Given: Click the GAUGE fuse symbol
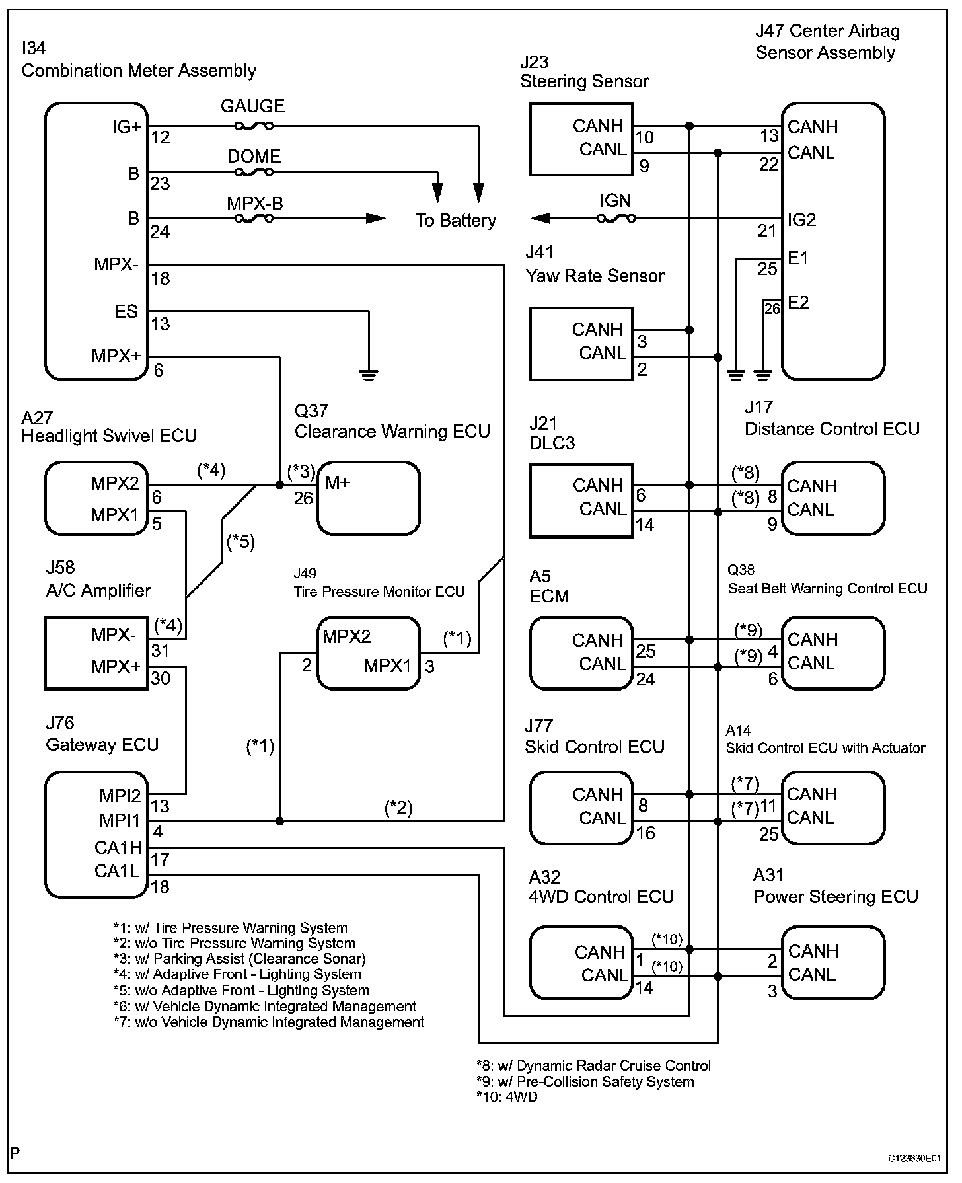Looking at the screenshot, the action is pos(254,126).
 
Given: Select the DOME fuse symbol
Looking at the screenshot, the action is pos(254,173).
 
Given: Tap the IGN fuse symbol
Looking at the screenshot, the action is pos(616,219).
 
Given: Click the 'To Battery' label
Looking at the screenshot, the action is pos(456,221).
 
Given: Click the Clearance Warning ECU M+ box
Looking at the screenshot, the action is pos(369,498).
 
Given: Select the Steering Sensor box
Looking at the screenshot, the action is pos(581,139).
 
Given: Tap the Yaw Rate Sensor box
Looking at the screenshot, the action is pos(581,344).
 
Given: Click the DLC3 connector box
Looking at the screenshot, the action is pos(581,500).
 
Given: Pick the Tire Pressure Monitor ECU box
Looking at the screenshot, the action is pos(369,654).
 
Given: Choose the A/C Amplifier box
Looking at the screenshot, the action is pos(96,654).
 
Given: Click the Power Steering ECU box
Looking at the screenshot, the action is pos(832,963).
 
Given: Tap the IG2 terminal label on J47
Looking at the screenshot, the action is pos(802,220).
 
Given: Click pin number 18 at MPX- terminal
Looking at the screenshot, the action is pos(161,279).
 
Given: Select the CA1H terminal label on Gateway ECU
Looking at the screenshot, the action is pos(118,847).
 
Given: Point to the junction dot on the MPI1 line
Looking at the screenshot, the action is pos(279,821).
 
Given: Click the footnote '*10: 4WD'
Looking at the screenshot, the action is pos(507,1097).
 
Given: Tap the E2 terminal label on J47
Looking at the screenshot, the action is pos(798,303).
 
